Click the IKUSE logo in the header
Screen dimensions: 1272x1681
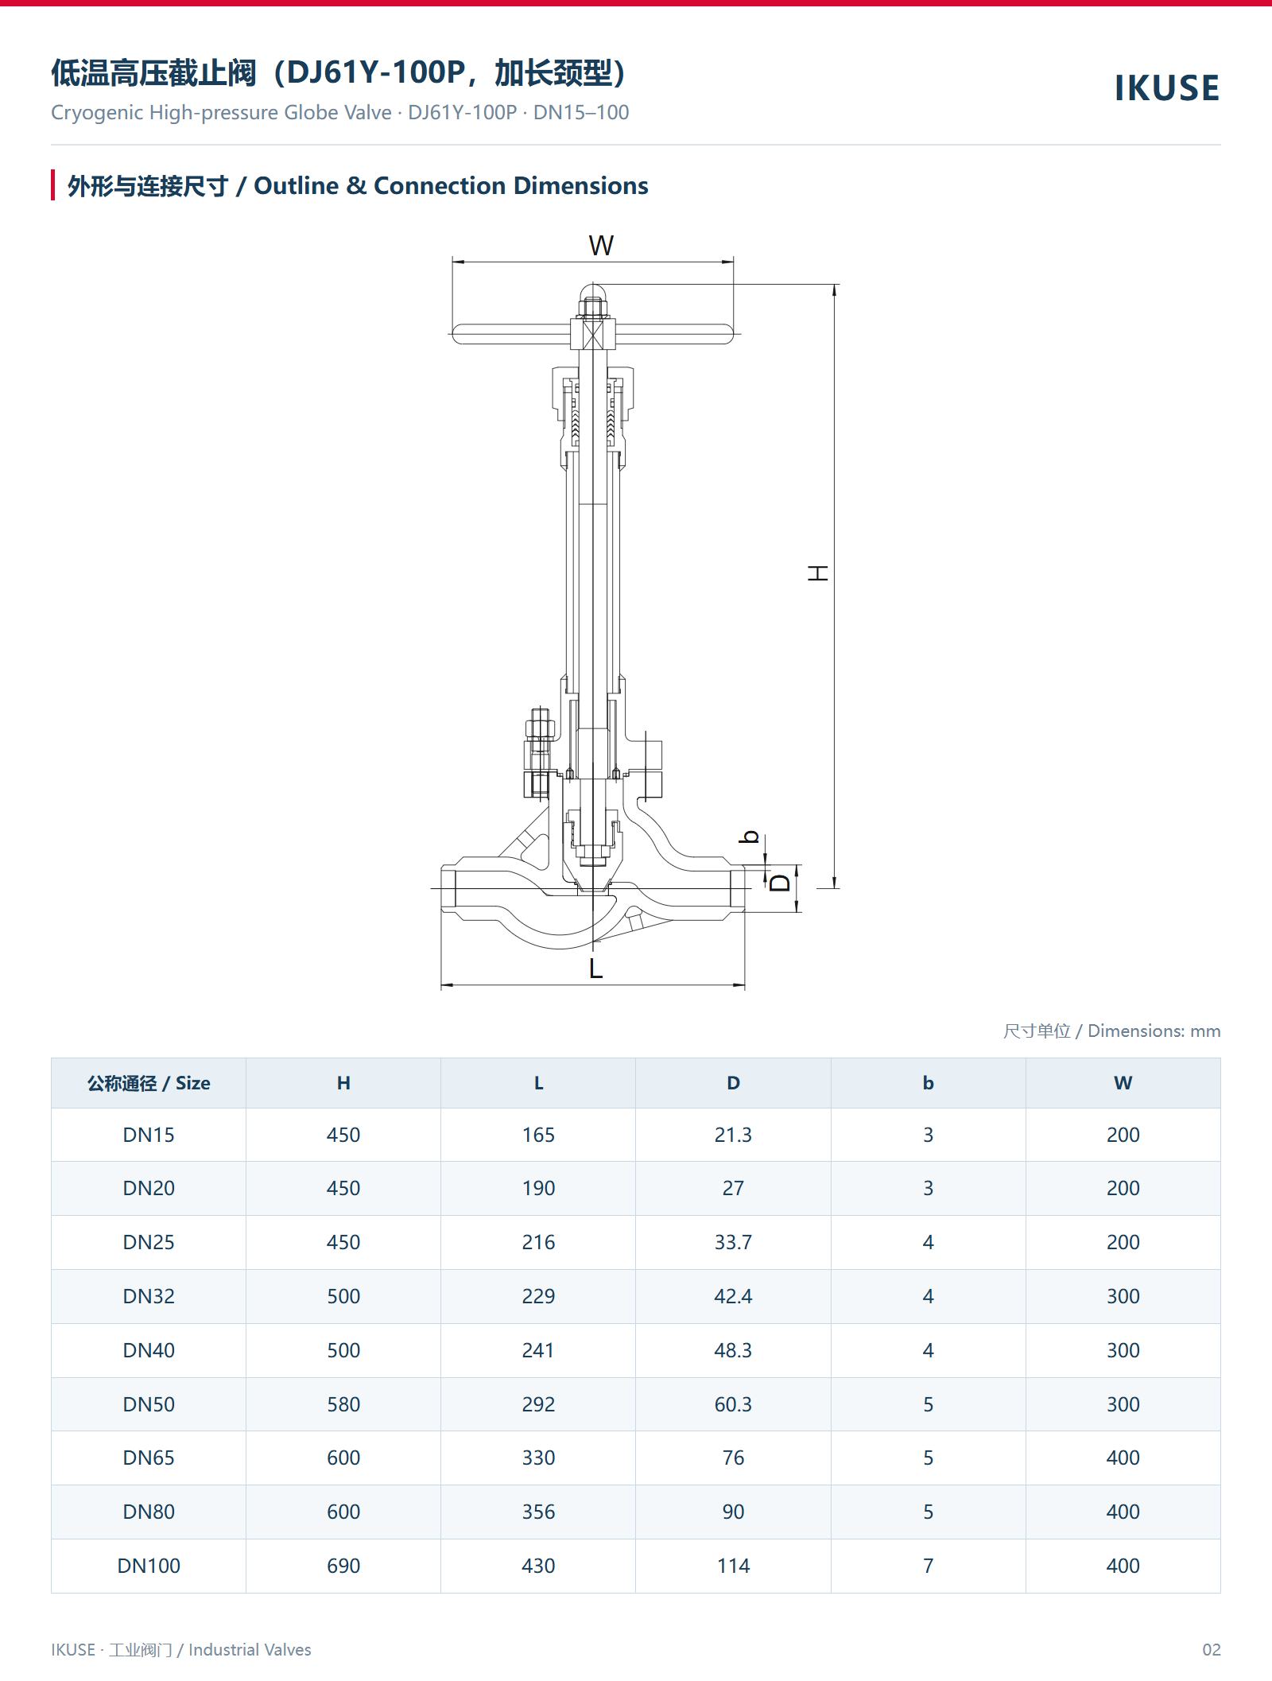(1167, 88)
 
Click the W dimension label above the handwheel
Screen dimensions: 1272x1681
(601, 246)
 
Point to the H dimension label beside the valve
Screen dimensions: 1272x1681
(817, 573)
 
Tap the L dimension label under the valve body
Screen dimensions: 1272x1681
(595, 968)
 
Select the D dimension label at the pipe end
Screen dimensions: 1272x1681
(781, 883)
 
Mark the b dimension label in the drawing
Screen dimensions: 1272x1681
(750, 837)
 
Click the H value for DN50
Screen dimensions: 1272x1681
(343, 1404)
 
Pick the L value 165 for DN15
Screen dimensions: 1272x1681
(538, 1135)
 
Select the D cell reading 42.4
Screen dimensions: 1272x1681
(733, 1296)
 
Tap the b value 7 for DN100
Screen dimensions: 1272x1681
(928, 1566)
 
